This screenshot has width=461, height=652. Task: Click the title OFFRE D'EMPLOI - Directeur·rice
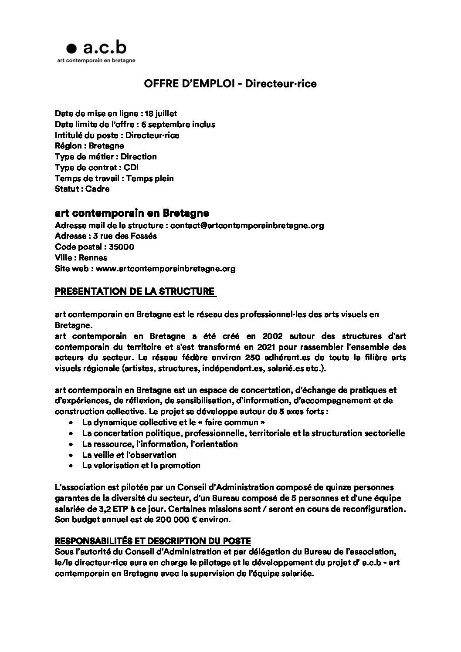(x=230, y=84)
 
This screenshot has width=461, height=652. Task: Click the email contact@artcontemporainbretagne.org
(x=247, y=226)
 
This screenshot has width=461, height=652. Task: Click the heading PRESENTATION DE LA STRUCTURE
(x=135, y=291)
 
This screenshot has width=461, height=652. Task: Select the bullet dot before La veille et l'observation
(x=71, y=455)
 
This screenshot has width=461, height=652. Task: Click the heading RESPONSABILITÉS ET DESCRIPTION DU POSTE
(x=153, y=541)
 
